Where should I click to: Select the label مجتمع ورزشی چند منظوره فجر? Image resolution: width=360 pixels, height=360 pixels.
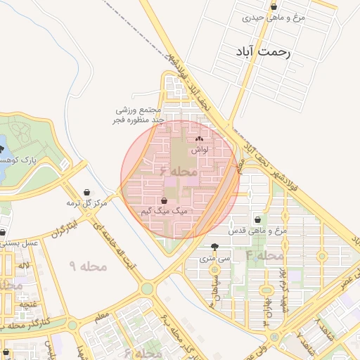click(139, 115)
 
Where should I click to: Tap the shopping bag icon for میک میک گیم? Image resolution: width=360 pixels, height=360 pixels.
click(164, 201)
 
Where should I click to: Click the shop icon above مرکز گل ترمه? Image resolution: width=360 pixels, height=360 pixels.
click(87, 192)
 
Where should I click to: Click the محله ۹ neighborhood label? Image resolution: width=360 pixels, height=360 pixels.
click(88, 266)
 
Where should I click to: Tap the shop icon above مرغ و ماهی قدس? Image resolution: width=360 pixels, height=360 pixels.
click(257, 219)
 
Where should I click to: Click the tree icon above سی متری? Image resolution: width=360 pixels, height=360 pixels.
click(214, 247)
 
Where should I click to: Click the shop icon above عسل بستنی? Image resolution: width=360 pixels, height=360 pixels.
click(4, 232)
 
